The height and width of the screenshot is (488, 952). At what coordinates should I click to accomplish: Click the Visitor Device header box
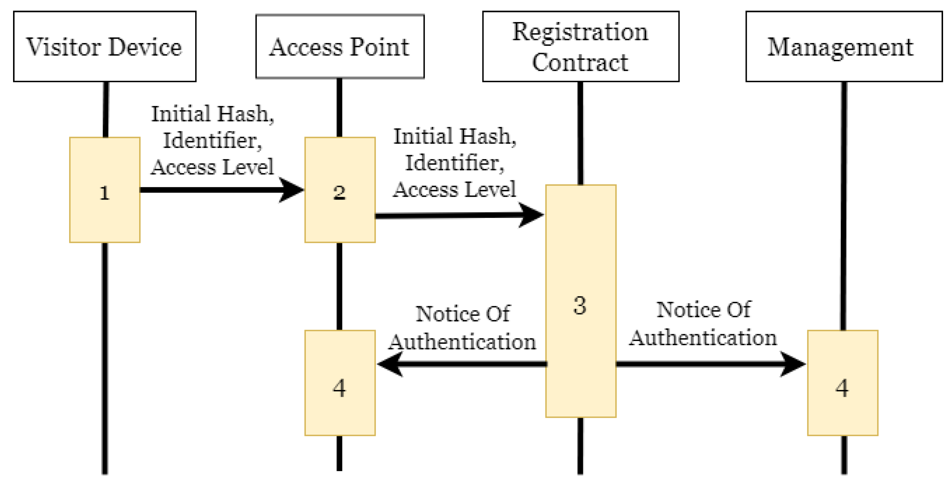[x=104, y=46]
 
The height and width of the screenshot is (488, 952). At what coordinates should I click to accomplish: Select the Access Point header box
[x=340, y=46]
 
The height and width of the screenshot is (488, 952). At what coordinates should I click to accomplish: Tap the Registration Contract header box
[x=580, y=46]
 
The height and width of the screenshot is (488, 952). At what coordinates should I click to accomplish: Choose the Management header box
[x=844, y=46]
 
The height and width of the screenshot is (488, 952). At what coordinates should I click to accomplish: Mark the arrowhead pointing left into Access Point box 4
[x=389, y=364]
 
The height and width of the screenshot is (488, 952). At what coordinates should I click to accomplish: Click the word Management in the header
[x=840, y=47]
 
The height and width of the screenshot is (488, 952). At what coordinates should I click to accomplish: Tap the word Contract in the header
[x=579, y=62]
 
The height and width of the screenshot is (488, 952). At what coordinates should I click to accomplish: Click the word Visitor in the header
[x=63, y=47]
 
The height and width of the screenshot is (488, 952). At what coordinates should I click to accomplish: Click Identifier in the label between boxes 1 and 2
[x=212, y=141]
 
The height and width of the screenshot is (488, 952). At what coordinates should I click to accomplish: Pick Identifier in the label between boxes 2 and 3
[x=454, y=163]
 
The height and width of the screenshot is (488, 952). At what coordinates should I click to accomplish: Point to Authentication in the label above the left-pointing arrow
[x=462, y=341]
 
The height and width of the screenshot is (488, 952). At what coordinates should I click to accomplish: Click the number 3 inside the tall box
[x=579, y=306]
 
